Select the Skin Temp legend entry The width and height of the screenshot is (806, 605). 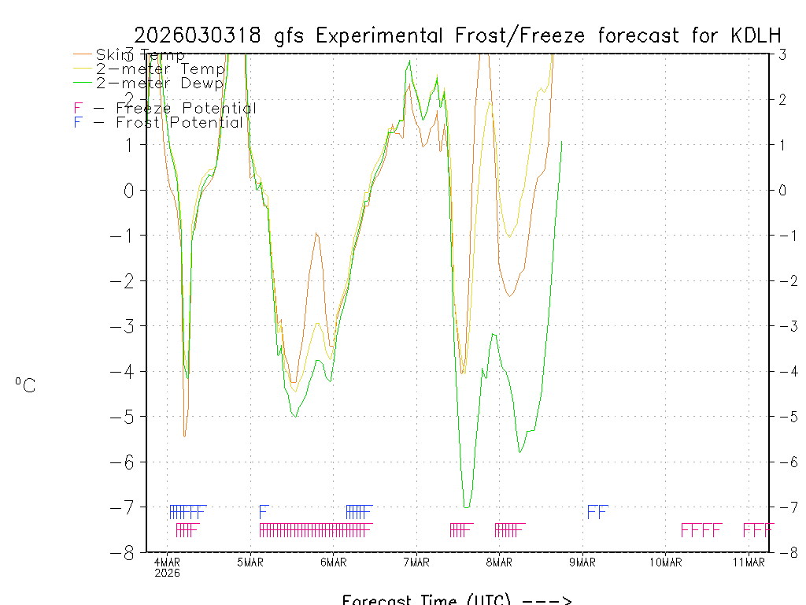point(140,55)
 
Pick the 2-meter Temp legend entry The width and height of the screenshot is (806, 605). point(160,69)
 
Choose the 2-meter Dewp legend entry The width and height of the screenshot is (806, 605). point(159,83)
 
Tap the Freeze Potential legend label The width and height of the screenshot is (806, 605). point(186,109)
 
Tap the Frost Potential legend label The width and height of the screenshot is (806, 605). point(179,123)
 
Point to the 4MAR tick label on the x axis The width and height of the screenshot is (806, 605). point(168,562)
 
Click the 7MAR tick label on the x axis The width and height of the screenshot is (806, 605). point(416,562)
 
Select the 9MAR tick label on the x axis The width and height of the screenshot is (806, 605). point(582,562)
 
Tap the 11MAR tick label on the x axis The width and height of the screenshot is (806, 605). point(749,562)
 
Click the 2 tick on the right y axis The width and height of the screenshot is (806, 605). point(782,99)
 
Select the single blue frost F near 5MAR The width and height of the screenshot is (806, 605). point(264,512)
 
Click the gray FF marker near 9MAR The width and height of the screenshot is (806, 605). point(597,513)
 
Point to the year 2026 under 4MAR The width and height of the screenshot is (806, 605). point(168,573)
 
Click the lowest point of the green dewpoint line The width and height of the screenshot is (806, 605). point(466,507)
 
